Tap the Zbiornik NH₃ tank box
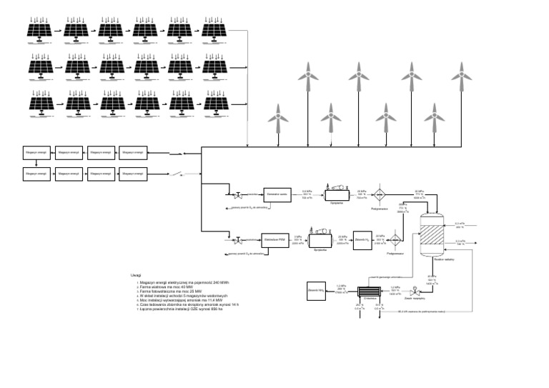coord(317,290)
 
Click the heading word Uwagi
coord(136,274)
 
